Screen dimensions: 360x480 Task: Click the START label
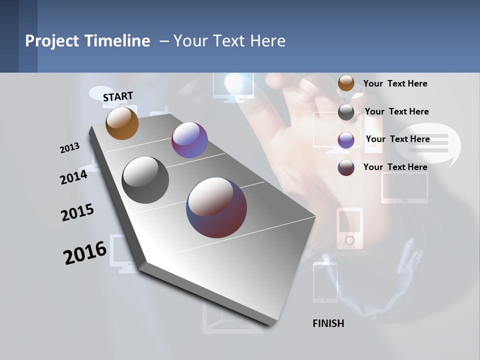tap(118, 96)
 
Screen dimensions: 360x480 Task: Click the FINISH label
tap(328, 323)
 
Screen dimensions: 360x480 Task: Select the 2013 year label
tap(69, 148)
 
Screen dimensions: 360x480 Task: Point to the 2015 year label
tap(77, 212)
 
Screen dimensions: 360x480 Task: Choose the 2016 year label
tap(85, 253)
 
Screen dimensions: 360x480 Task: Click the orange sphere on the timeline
tap(122, 123)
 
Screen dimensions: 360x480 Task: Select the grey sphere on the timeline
tap(145, 180)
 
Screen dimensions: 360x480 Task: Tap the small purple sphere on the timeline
tap(189, 140)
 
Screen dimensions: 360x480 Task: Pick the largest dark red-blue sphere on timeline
tap(216, 207)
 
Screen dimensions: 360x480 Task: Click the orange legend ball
tap(346, 83)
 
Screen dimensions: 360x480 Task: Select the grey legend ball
tap(346, 112)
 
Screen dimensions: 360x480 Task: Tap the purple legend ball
tap(346, 139)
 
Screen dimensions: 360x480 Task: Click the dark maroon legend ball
tap(346, 167)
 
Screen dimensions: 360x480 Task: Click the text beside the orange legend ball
tap(395, 83)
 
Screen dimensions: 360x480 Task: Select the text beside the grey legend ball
tap(396, 111)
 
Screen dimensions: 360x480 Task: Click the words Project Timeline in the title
tap(87, 41)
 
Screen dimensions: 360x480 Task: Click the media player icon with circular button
tap(349, 227)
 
